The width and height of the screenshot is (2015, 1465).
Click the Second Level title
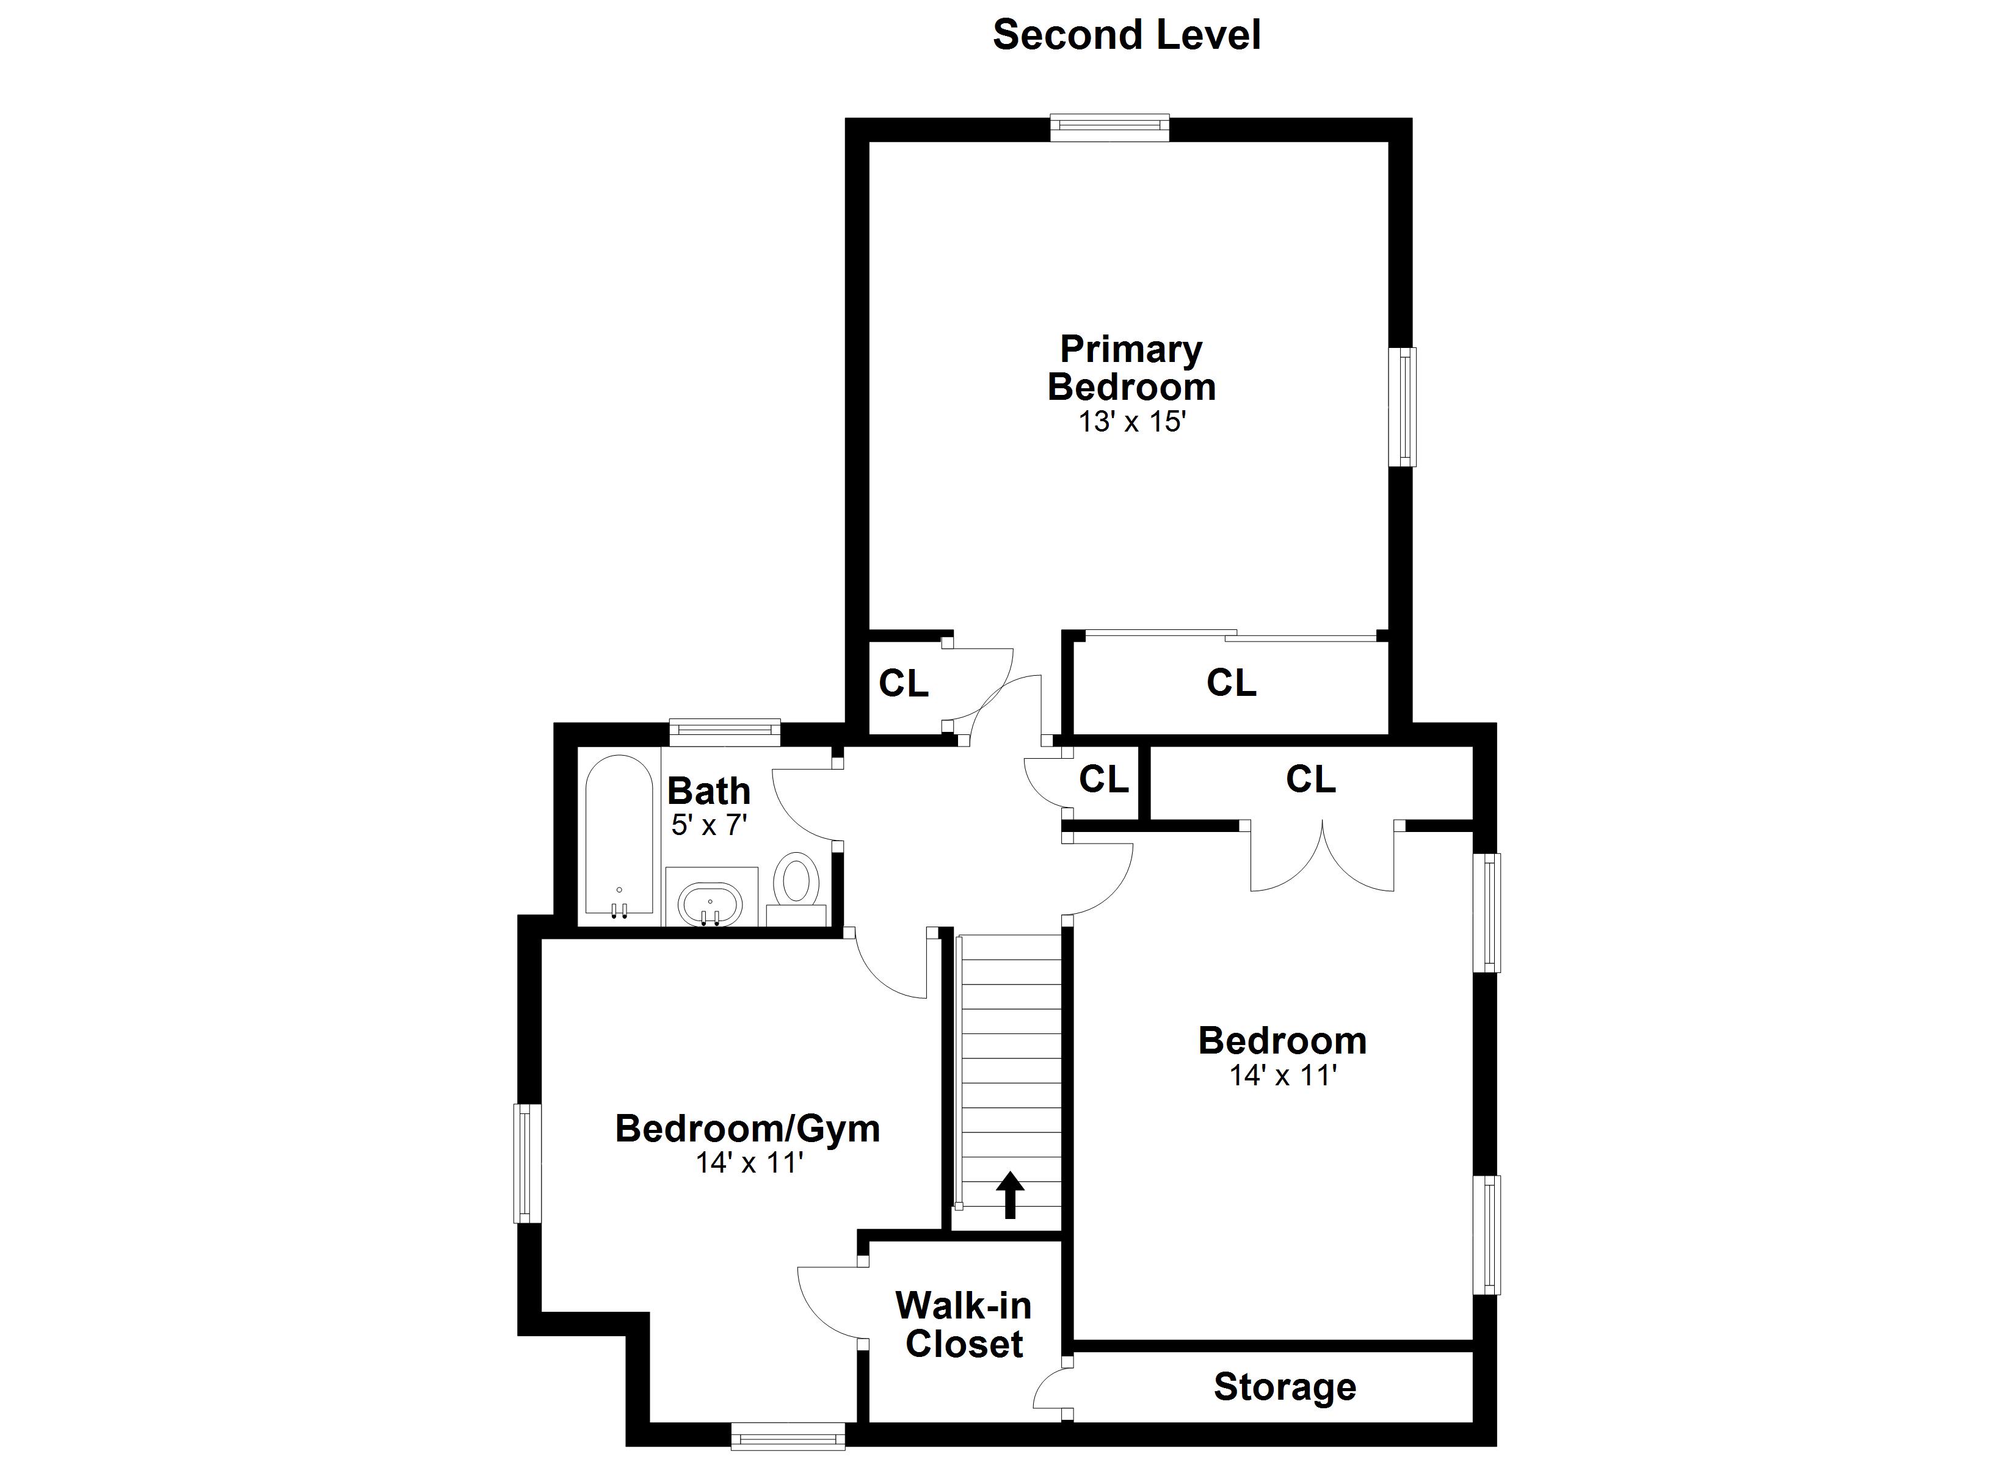tap(1127, 35)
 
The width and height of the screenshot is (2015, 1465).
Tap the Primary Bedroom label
tap(1131, 368)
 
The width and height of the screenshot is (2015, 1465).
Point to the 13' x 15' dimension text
tap(1132, 421)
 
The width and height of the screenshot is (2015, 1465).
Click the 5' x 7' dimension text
tap(709, 825)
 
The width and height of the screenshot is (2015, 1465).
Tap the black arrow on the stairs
tap(1009, 1195)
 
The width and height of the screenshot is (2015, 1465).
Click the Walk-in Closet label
tap(964, 1325)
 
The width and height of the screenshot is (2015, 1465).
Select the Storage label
tap(1285, 1387)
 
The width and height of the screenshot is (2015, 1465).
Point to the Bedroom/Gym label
tap(747, 1129)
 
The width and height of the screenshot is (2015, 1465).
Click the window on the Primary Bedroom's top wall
tap(1109, 128)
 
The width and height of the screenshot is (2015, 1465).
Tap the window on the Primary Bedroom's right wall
tap(1403, 406)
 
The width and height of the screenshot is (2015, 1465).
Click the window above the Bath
tap(724, 731)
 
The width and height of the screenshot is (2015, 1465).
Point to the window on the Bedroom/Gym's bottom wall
tap(787, 1436)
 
